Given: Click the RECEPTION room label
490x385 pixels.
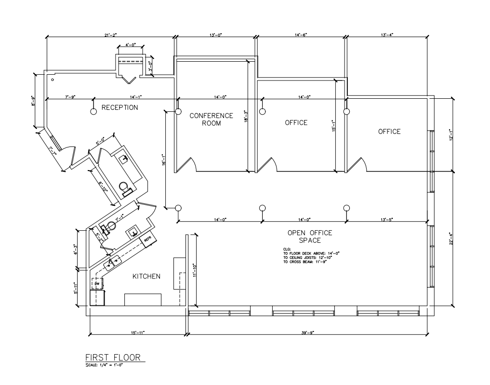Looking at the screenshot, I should (x=119, y=107).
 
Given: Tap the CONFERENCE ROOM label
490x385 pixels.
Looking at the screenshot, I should (x=211, y=119).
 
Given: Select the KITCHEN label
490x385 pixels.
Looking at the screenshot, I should (x=146, y=276).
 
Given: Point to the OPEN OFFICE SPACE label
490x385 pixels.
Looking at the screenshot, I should (x=304, y=236).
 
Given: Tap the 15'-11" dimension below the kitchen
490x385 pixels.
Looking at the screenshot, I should (x=137, y=332).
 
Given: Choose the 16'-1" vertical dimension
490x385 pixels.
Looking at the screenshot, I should (x=162, y=159).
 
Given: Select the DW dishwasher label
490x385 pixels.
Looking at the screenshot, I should (x=96, y=284).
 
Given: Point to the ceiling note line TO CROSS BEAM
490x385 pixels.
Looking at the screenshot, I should (x=305, y=262).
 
